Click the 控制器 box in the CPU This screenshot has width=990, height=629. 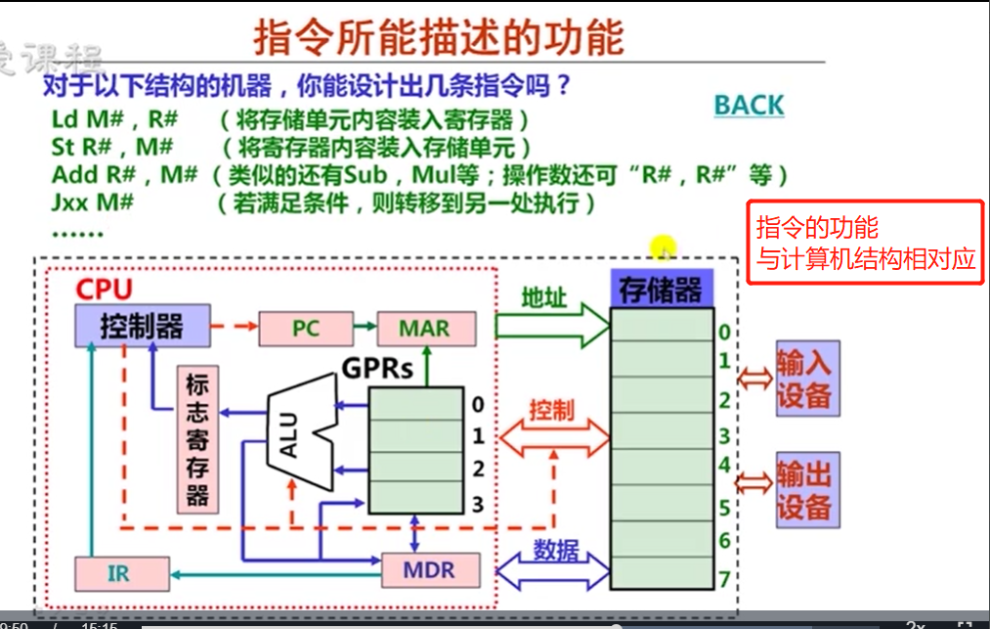coord(142,326)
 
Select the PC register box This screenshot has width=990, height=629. coord(305,329)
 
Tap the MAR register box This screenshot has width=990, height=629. coord(424,329)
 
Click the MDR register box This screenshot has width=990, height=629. coord(430,570)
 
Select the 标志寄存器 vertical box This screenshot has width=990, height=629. coord(197,440)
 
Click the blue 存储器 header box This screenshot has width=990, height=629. coord(661,289)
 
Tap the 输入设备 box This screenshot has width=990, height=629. coord(804,380)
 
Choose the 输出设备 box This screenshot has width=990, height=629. coord(804,490)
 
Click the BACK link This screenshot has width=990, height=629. coord(749,105)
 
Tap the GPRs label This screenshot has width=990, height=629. coord(377,369)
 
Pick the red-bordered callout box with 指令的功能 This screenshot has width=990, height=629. coord(865,243)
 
